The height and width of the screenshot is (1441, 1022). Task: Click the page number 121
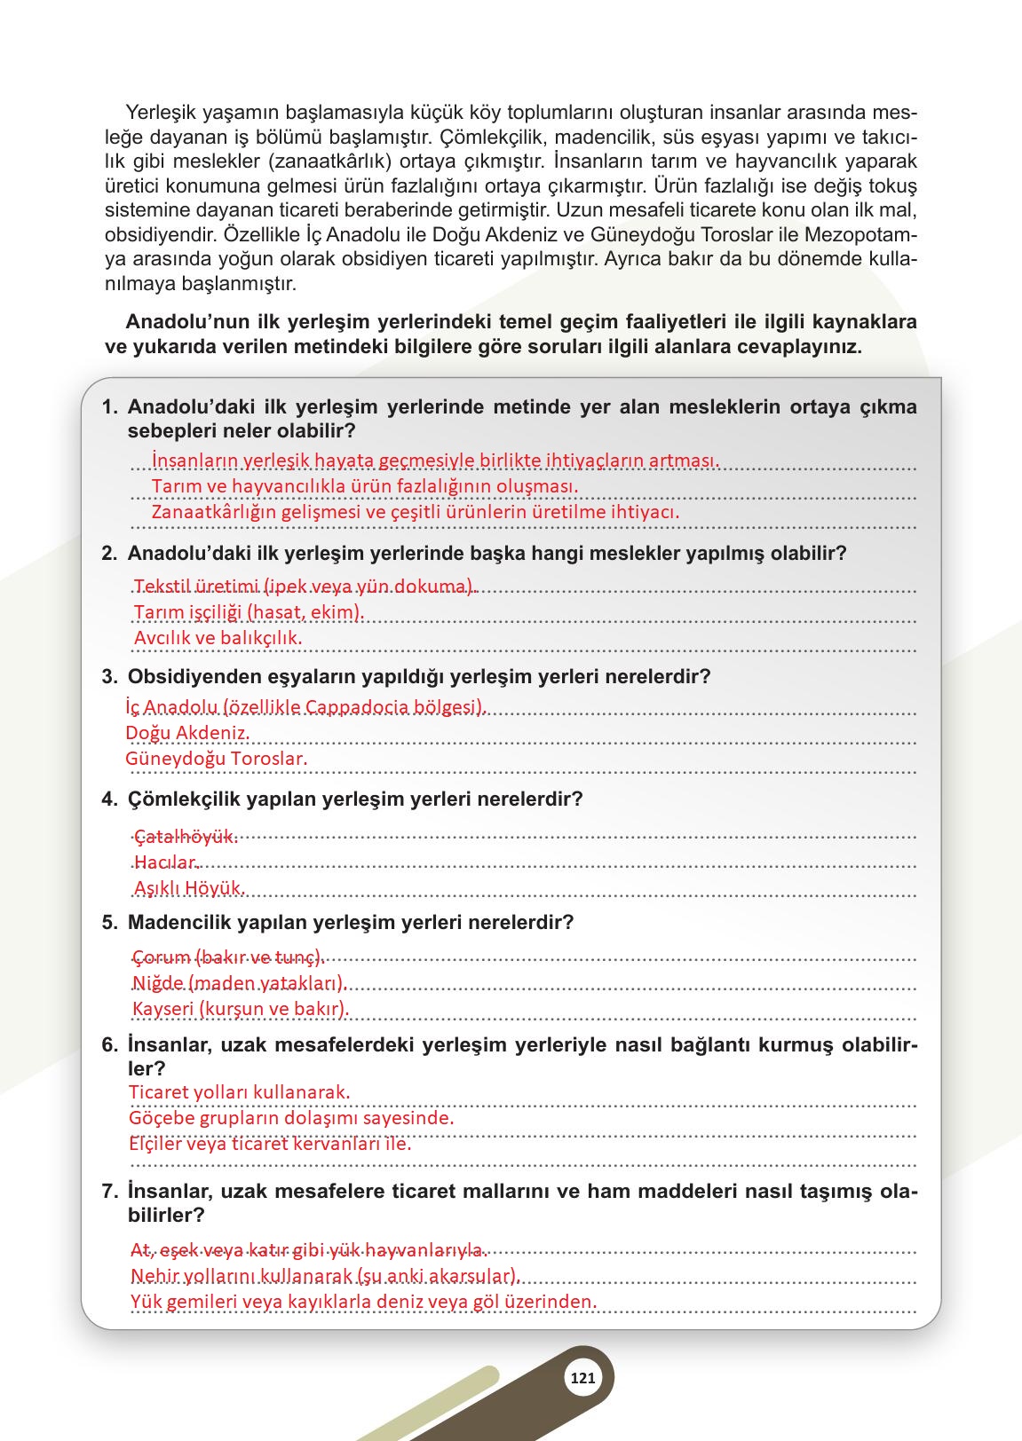pyautogui.click(x=582, y=1378)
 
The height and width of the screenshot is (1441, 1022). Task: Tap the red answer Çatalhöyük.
pyautogui.click(x=186, y=836)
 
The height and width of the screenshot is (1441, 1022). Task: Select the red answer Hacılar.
pyautogui.click(x=167, y=862)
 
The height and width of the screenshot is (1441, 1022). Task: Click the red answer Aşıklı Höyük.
pyautogui.click(x=189, y=888)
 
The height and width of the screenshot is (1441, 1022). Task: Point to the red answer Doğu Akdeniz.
pyautogui.click(x=187, y=733)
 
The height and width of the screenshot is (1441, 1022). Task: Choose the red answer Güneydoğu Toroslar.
pyautogui.click(x=216, y=759)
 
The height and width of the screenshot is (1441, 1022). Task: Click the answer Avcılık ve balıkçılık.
pyautogui.click(x=218, y=637)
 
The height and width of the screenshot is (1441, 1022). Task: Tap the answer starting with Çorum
pyautogui.click(x=228, y=957)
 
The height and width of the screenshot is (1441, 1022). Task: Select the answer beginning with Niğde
pyautogui.click(x=238, y=983)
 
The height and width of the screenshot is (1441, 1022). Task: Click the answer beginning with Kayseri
pyautogui.click(x=240, y=1009)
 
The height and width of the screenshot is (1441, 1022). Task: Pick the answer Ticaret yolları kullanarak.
pyautogui.click(x=239, y=1092)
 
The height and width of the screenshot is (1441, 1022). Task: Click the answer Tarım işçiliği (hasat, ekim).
pyautogui.click(x=249, y=612)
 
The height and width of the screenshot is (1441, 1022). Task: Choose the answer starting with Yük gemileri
pyautogui.click(x=363, y=1302)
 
